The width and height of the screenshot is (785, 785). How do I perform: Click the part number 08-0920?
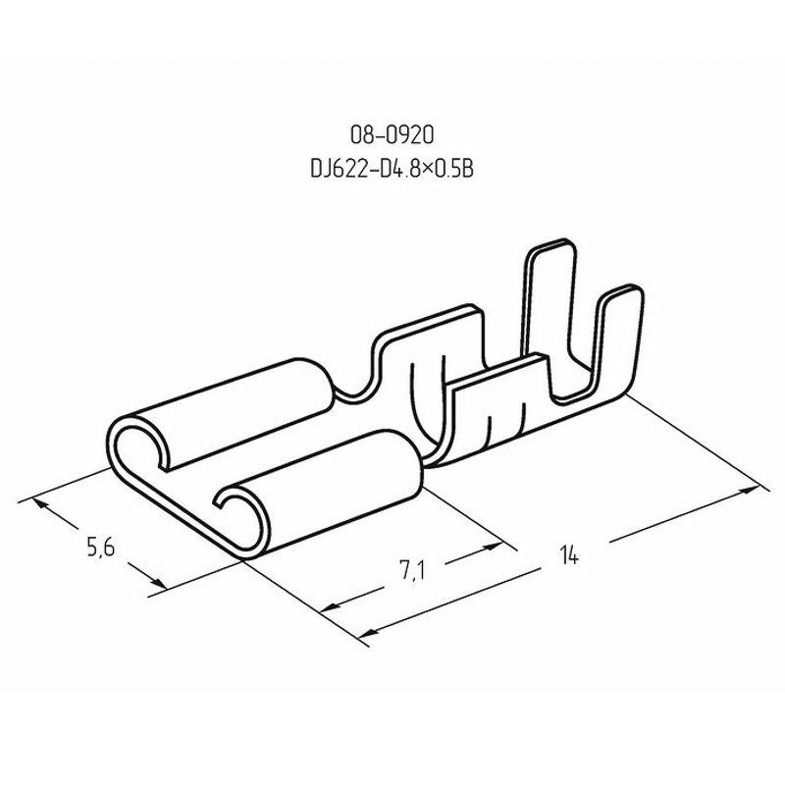[x=392, y=135]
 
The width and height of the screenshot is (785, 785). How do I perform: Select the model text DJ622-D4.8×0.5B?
[x=392, y=169]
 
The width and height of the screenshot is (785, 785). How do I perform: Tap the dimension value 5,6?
[x=101, y=547]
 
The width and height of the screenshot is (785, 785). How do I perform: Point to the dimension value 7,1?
[x=412, y=571]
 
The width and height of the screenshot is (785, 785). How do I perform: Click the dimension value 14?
[x=569, y=555]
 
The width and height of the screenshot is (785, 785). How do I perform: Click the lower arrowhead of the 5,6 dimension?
[x=158, y=582]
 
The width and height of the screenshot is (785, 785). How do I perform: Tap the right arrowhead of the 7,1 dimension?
[x=493, y=549]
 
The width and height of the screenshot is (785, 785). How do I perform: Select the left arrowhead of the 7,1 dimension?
[x=329, y=607]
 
